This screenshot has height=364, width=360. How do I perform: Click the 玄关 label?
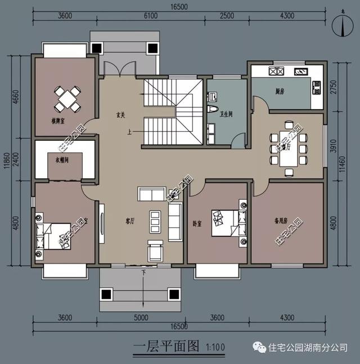pyautogui.click(x=120, y=115)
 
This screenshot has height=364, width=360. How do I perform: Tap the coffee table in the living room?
pyautogui.click(x=155, y=220)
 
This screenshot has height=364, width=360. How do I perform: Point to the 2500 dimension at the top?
pyautogui.click(x=227, y=16)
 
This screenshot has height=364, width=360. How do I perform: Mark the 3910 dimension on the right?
pyautogui.click(x=334, y=147)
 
